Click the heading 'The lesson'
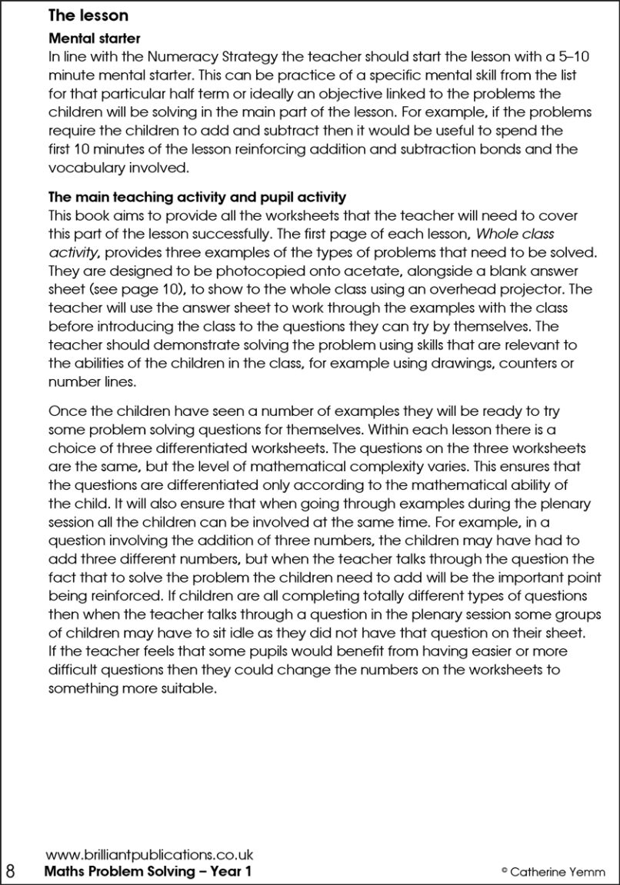[x=88, y=15]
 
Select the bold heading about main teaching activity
[x=197, y=198]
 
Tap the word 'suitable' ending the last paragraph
[x=184, y=688]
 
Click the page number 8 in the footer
[x=11, y=870]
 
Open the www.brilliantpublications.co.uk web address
[x=149, y=854]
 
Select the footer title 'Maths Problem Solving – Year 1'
[x=148, y=871]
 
